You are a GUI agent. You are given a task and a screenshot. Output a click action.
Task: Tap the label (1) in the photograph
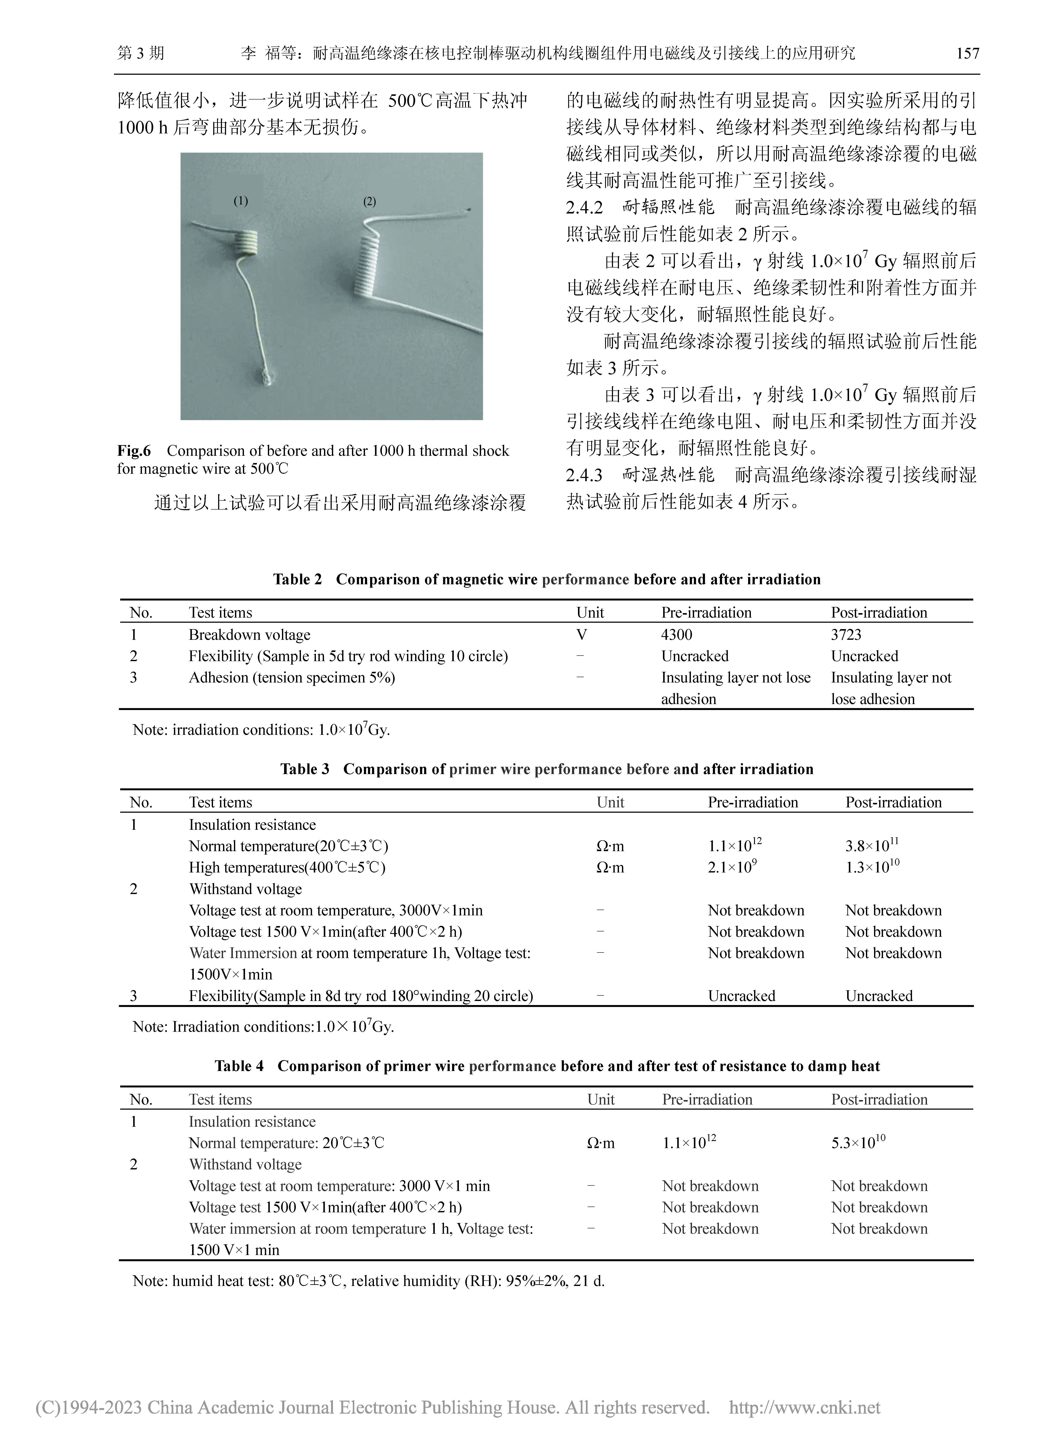tap(240, 201)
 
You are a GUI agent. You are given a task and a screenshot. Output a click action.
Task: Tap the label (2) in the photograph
tap(369, 201)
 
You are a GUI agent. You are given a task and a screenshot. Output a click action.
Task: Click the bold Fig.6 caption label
tap(134, 451)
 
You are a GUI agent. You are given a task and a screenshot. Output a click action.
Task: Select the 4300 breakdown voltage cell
tap(676, 635)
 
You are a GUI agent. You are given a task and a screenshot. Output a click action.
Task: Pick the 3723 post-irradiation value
tap(846, 635)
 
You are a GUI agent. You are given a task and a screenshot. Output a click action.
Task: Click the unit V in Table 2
tap(581, 635)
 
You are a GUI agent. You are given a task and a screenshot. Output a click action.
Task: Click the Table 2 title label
tap(297, 579)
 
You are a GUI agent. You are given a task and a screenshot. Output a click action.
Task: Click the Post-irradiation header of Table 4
tap(879, 1099)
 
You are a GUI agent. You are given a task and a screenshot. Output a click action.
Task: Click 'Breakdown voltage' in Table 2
tap(249, 635)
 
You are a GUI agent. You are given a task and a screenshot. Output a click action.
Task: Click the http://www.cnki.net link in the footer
tap(805, 1407)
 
